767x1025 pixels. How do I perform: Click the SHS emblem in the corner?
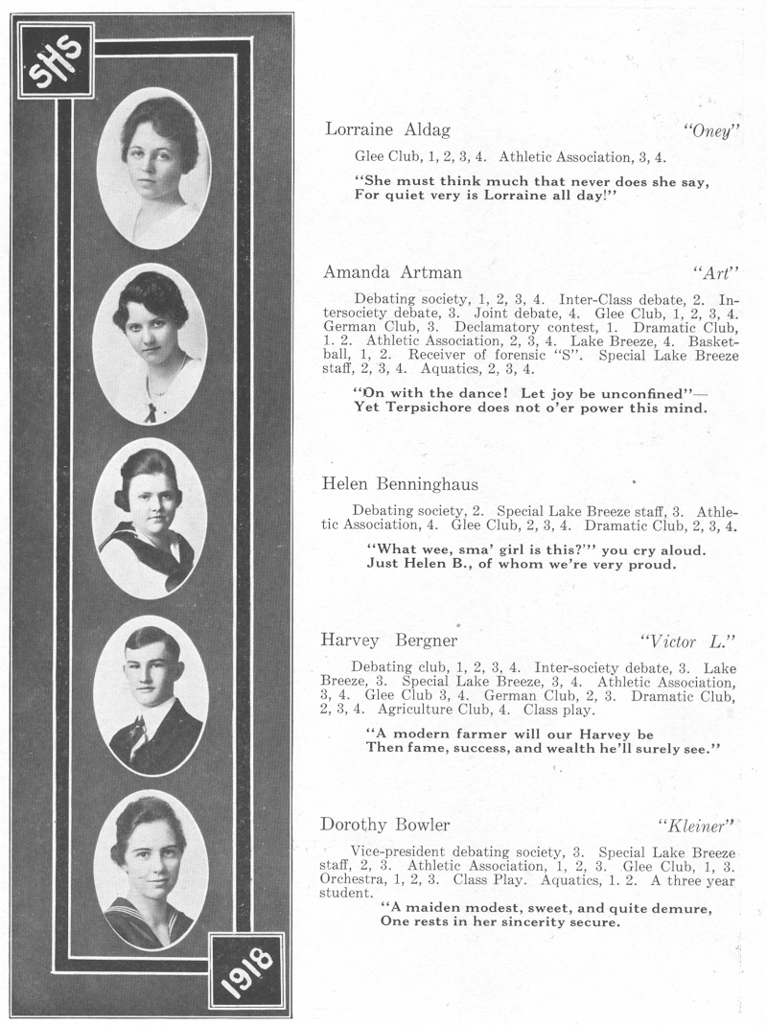[56, 60]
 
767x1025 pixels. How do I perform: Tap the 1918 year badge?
[247, 969]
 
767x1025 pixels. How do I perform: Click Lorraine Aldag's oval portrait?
[153, 168]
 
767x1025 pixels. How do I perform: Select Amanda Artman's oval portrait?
[151, 343]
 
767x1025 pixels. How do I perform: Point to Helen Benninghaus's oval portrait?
[151, 518]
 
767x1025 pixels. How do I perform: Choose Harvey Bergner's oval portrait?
[151, 695]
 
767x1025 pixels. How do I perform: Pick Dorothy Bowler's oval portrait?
[151, 869]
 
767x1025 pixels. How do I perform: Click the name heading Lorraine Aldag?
[387, 129]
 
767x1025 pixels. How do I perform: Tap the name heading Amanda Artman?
[392, 272]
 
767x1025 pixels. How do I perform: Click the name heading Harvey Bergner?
[389, 640]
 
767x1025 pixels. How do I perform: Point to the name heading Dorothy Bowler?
[385, 825]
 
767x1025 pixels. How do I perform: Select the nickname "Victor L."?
[686, 641]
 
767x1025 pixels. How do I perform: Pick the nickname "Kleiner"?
[696, 826]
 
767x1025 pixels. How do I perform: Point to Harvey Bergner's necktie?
[137, 734]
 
